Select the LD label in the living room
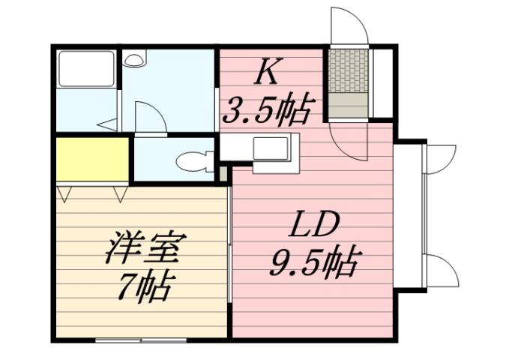pos(316,226)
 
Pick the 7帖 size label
pos(145,286)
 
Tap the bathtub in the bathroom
pos(86,70)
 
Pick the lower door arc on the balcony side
pos(440,268)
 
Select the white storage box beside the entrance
pos(383,82)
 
